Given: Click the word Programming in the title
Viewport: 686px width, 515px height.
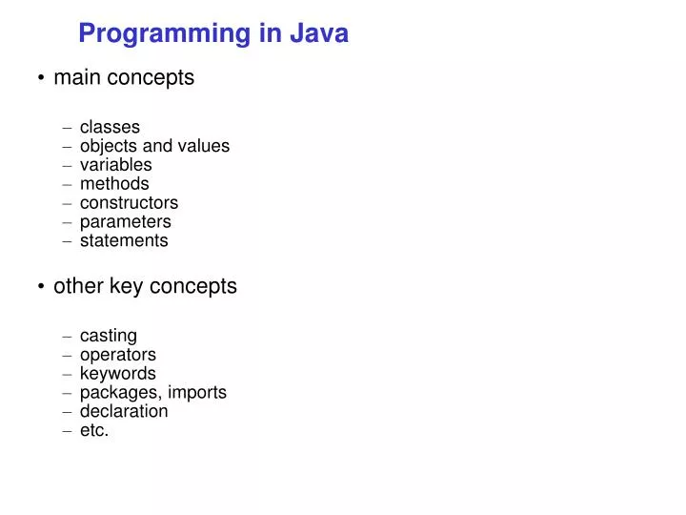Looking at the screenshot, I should [163, 33].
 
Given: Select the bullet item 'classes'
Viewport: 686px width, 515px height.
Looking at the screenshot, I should [110, 127].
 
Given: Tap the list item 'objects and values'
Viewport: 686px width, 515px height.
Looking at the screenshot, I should [154, 146].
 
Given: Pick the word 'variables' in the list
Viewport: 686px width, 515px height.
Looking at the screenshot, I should [115, 165].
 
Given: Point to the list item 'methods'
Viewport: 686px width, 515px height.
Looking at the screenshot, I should [114, 183].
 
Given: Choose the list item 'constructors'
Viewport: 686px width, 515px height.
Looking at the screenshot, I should [129, 202].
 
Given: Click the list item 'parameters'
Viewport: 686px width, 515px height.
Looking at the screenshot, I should [125, 221].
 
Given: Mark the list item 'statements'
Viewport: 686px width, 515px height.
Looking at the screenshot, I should [124, 240].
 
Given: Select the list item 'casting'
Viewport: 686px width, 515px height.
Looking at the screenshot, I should [108, 336].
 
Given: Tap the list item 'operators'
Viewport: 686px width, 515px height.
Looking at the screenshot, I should [117, 355].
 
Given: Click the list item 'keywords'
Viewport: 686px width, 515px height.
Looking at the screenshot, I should [117, 373].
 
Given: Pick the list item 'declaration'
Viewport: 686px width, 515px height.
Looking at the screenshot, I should [124, 411].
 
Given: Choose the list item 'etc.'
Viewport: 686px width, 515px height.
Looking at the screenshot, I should [94, 430].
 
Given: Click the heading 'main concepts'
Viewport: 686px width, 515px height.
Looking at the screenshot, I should [124, 78].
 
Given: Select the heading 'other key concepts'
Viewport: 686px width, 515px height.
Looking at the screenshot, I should [145, 286].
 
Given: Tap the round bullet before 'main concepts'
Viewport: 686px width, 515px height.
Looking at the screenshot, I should [42, 79].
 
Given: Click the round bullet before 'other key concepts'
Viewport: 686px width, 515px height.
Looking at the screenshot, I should [42, 287].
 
